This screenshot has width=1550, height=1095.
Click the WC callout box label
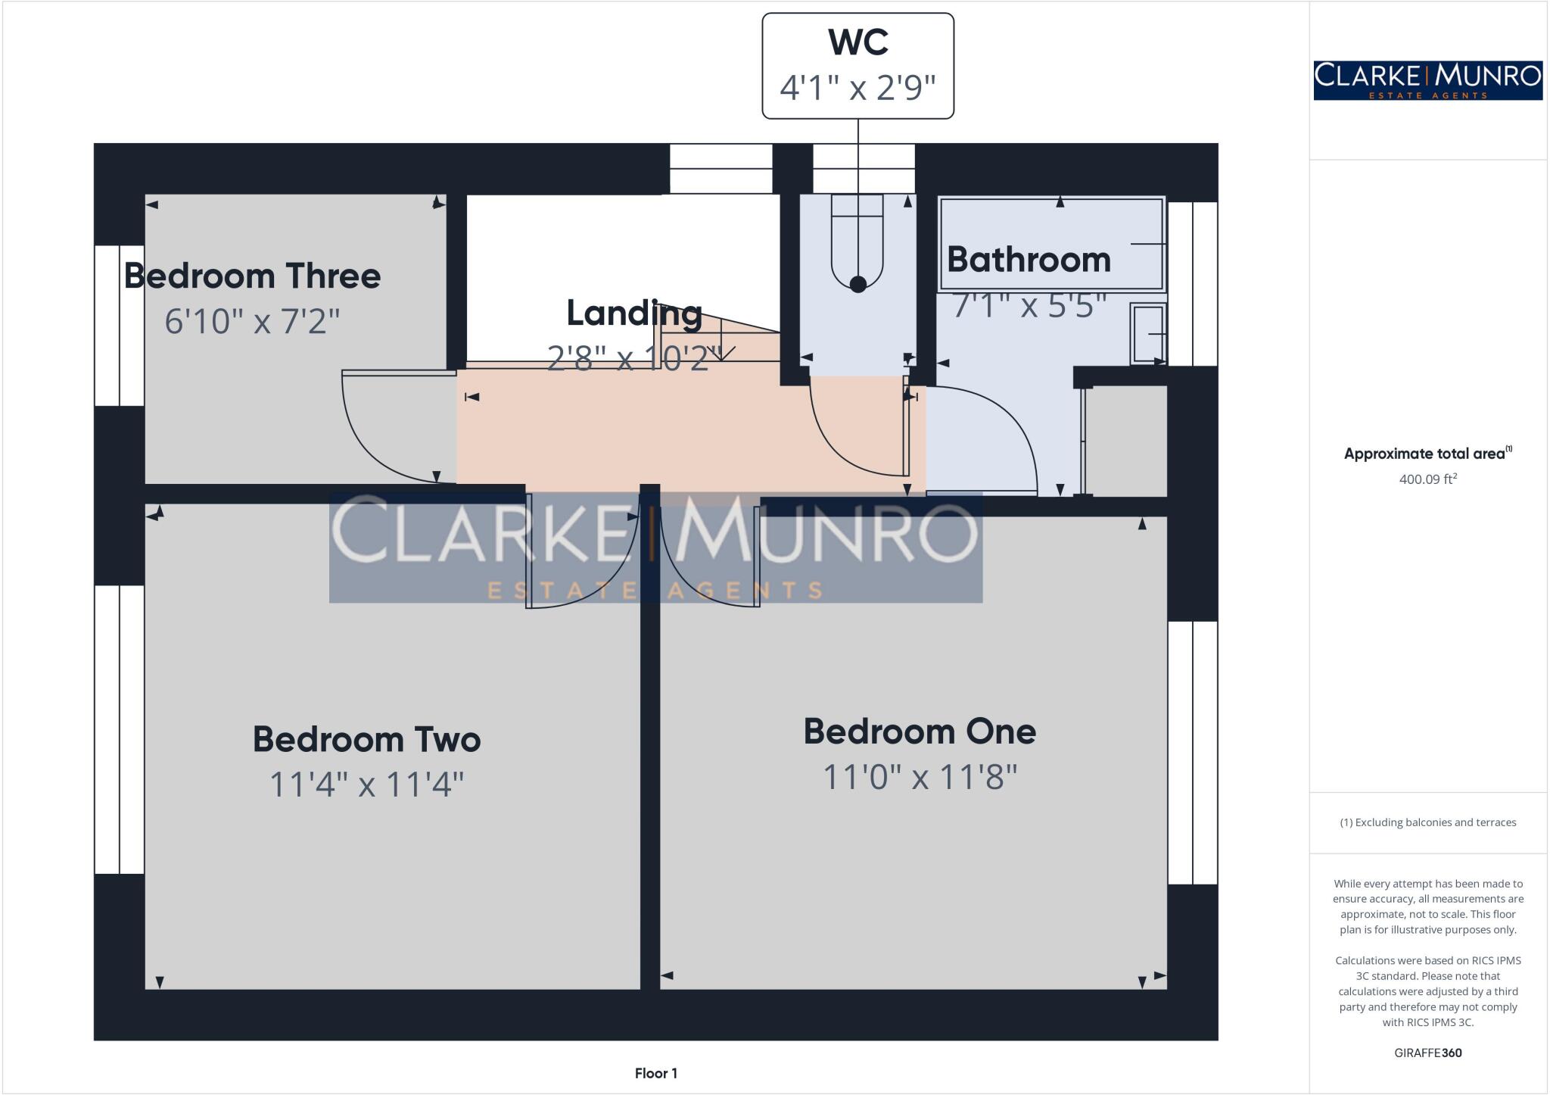coord(857,42)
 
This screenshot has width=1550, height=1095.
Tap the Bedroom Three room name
coord(252,276)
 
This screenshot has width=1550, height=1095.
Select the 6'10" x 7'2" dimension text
coord(252,321)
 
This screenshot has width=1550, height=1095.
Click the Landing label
coord(634,314)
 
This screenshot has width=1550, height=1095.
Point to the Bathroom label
coord(1029,260)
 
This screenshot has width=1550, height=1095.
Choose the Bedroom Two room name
coord(366,739)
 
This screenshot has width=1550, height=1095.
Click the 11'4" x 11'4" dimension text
coord(366,784)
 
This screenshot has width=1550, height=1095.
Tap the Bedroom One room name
coord(920,732)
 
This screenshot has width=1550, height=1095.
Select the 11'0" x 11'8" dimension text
coord(920,777)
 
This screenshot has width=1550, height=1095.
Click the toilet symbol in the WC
coord(857,242)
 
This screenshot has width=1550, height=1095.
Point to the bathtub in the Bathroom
coord(1051,244)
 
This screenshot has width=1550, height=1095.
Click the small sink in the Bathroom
coord(1148,333)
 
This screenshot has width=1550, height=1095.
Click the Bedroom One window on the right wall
coord(1193,752)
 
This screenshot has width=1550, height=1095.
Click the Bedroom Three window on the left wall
coord(119,326)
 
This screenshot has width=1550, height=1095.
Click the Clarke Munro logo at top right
coord(1427,80)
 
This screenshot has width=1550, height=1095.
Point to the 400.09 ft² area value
coord(1427,479)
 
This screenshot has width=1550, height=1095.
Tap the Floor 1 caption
coord(656,1073)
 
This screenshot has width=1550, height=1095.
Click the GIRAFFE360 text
coord(1427,1053)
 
